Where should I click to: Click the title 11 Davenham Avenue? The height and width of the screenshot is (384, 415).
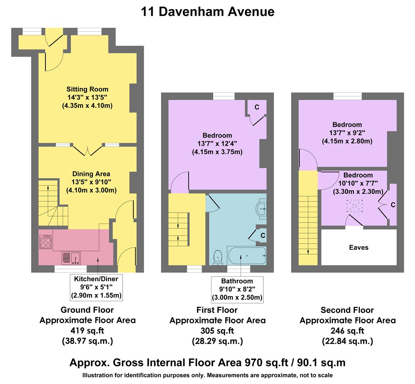click(x=207, y=12)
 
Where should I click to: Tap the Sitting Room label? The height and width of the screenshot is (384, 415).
click(x=87, y=89)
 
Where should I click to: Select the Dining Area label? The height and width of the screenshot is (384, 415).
click(x=91, y=174)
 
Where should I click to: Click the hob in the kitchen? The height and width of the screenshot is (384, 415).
click(x=45, y=242)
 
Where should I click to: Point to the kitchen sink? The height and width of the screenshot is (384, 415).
click(x=71, y=258)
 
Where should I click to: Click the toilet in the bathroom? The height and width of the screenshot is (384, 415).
click(x=217, y=257)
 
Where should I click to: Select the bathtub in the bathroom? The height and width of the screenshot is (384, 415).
click(x=247, y=256)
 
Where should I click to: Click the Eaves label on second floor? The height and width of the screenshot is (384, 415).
click(x=359, y=247)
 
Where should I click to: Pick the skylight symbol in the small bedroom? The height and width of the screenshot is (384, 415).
click(x=354, y=206)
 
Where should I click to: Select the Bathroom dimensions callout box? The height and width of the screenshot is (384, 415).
click(x=237, y=289)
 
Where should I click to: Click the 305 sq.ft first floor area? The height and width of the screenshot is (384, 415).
click(x=217, y=331)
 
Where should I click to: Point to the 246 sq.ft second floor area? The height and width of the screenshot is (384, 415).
click(x=347, y=331)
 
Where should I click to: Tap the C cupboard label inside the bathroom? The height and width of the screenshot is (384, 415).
click(x=263, y=235)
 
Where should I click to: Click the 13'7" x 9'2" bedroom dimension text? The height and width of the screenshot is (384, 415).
click(x=347, y=133)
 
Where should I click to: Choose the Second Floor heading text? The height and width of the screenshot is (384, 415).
click(x=347, y=310)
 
